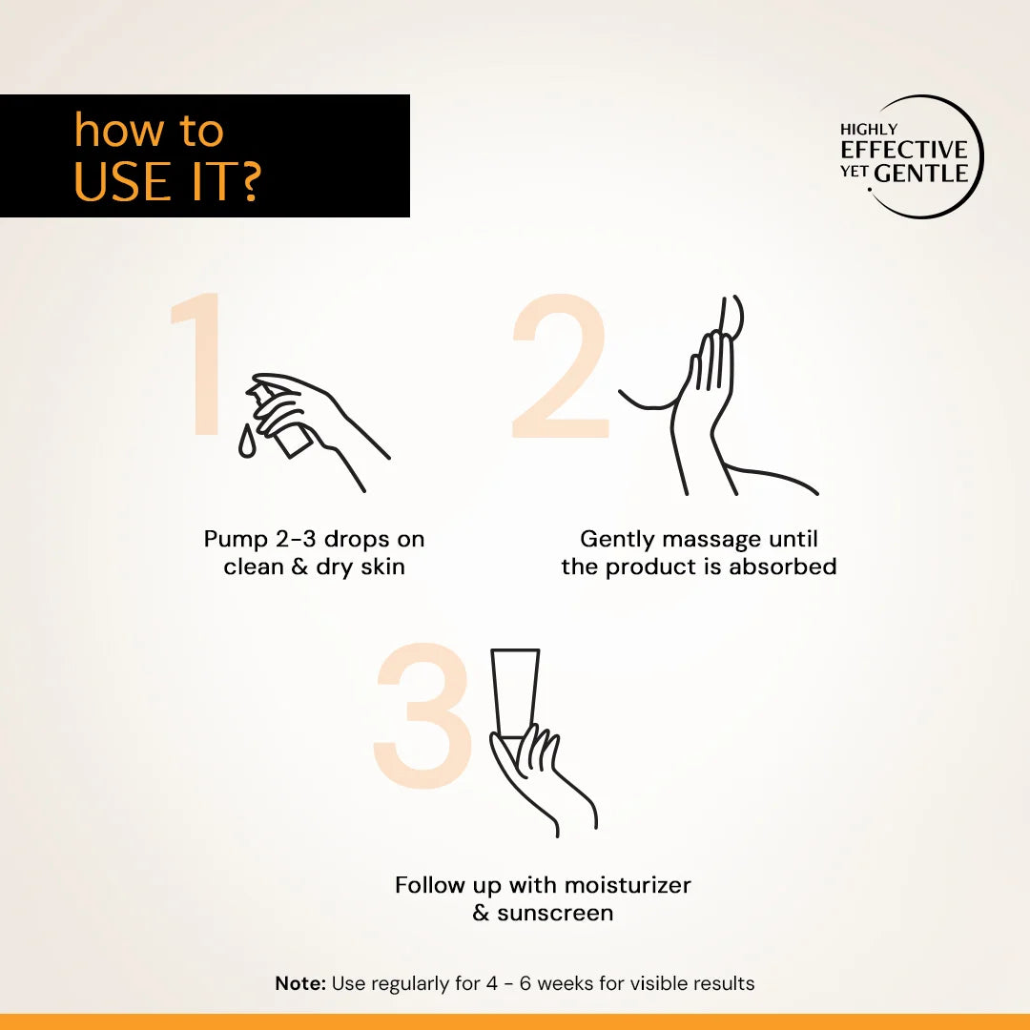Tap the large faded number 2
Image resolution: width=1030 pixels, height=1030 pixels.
pos(560,367)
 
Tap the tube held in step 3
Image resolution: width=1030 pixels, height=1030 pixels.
pos(515,691)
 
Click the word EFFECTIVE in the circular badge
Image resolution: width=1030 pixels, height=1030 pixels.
pos(904,150)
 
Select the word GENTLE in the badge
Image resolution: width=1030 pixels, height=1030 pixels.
pos(921,174)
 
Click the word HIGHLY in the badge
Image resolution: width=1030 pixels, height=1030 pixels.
pos(869,129)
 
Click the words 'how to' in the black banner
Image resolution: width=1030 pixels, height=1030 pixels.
pos(149,132)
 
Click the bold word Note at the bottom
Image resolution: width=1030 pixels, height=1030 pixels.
pos(300,983)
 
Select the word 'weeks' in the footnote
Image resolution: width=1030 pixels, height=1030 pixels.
pos(570,983)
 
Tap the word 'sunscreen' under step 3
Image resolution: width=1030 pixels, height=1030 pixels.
pos(555,913)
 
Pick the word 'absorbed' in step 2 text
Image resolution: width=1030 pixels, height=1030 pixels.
pos(783,566)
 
